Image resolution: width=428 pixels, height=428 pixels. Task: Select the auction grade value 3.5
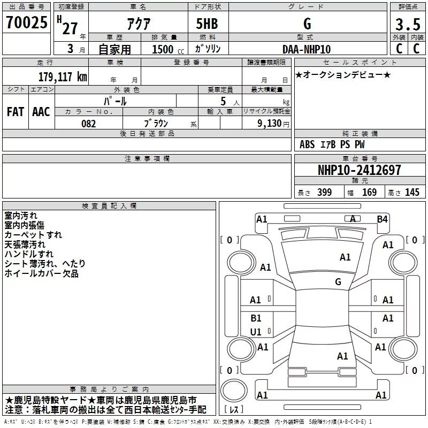(x=407, y=25)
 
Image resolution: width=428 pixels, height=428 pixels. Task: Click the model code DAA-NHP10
(x=307, y=49)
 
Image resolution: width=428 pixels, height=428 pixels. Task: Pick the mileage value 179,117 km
(x=63, y=77)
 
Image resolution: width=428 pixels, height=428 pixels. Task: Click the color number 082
(x=88, y=124)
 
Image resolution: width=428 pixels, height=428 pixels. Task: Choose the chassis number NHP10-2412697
(x=359, y=170)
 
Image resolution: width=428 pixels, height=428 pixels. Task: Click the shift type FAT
(x=15, y=112)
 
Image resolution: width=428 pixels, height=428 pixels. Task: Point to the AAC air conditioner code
(x=41, y=112)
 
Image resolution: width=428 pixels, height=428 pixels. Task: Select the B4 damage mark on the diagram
(x=382, y=219)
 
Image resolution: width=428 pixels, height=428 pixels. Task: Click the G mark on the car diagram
(x=338, y=282)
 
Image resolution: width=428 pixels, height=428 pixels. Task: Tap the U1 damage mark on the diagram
(x=256, y=332)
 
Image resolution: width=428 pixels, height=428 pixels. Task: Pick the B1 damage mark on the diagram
(x=256, y=318)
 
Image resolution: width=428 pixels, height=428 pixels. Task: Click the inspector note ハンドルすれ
(x=29, y=254)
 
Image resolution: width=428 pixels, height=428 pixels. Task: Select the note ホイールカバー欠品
(x=41, y=273)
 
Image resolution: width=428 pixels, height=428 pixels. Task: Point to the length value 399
(x=324, y=193)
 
